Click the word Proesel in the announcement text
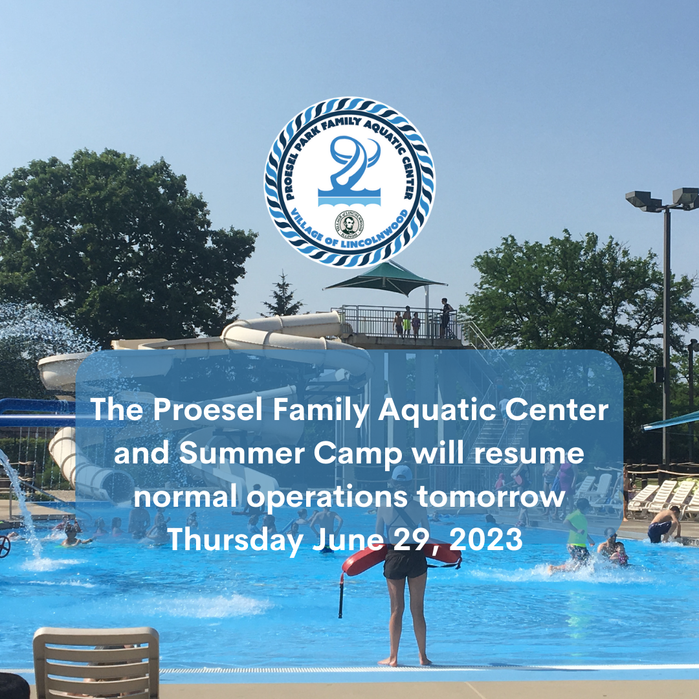point(208,409)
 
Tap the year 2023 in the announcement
point(486,539)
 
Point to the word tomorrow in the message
point(491,496)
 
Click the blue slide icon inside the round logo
point(350,171)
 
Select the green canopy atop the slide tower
point(385,278)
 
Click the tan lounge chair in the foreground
point(96,662)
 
